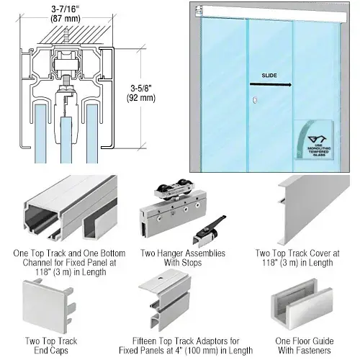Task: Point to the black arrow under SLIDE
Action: [x=272, y=84]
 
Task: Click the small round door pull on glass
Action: [x=252, y=102]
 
